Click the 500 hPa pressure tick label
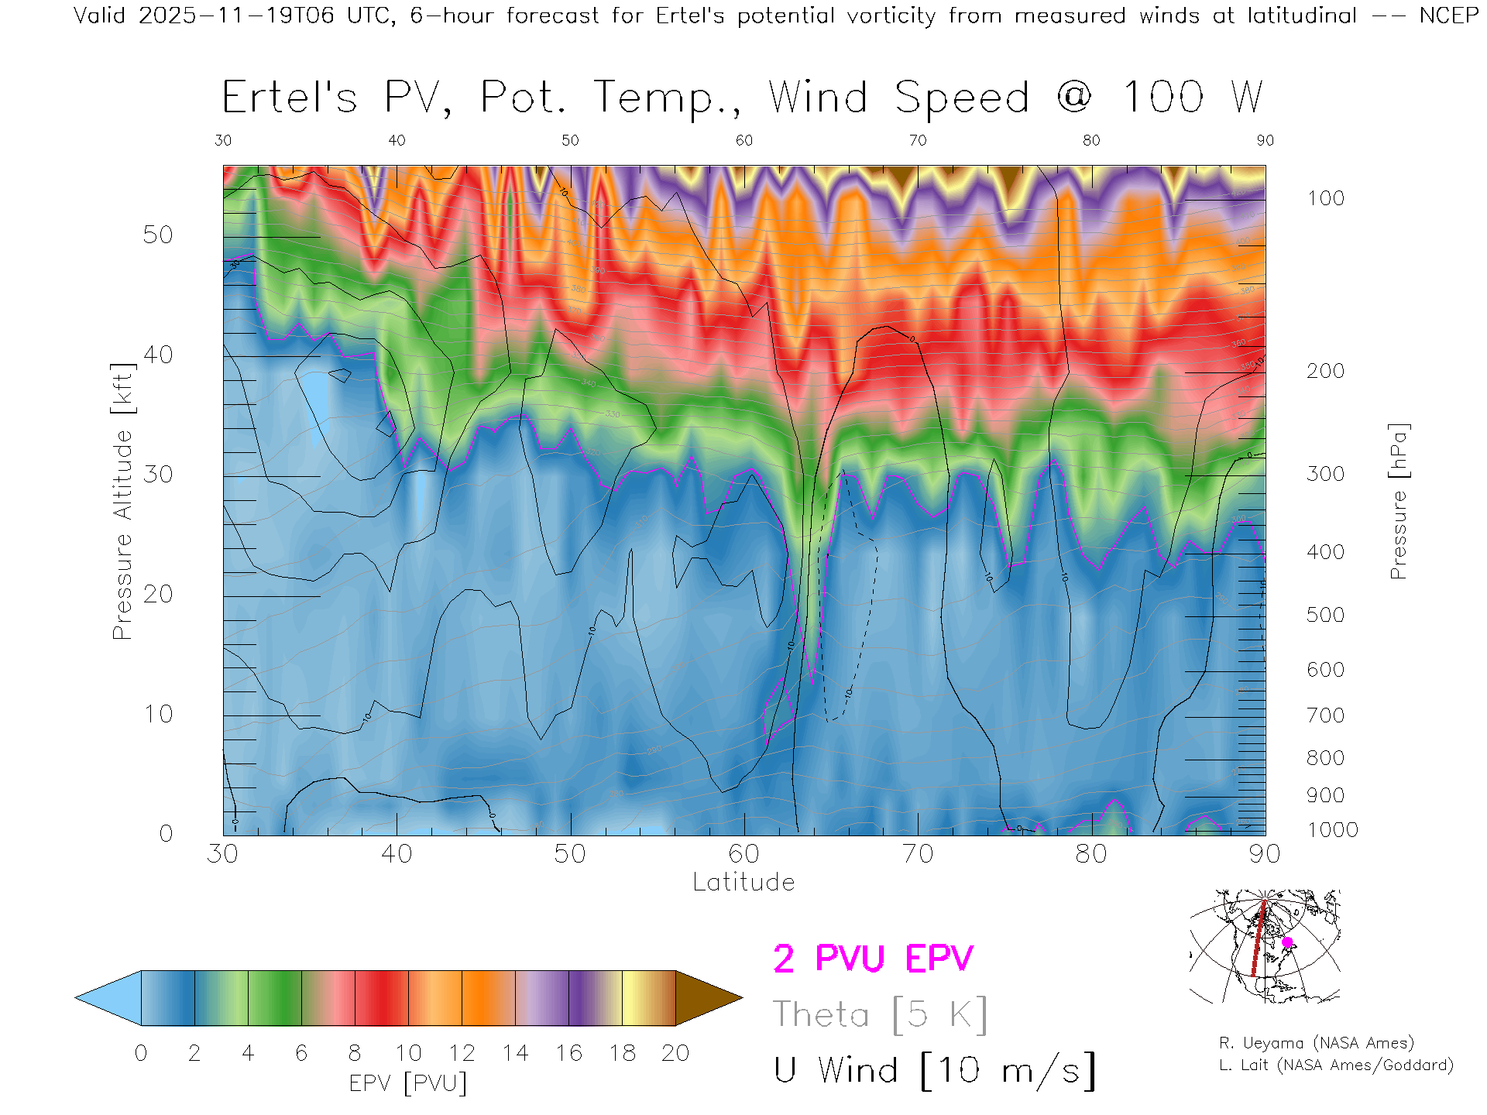point(1325,615)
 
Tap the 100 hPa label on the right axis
point(1325,198)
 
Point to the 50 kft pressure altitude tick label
point(157,235)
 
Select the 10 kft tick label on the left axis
point(157,714)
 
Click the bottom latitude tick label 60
point(743,853)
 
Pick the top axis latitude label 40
point(397,140)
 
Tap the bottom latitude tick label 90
point(1264,853)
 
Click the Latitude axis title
point(743,882)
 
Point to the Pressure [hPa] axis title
point(1398,501)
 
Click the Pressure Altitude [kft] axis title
point(122,501)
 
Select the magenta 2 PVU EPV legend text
point(873,959)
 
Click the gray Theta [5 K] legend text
point(880,1014)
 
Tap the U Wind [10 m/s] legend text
point(934,1070)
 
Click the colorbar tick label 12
point(462,1053)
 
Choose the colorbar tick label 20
point(675,1053)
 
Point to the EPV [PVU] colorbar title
point(408,1083)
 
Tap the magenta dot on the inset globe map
point(1287,942)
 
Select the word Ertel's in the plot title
point(290,98)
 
